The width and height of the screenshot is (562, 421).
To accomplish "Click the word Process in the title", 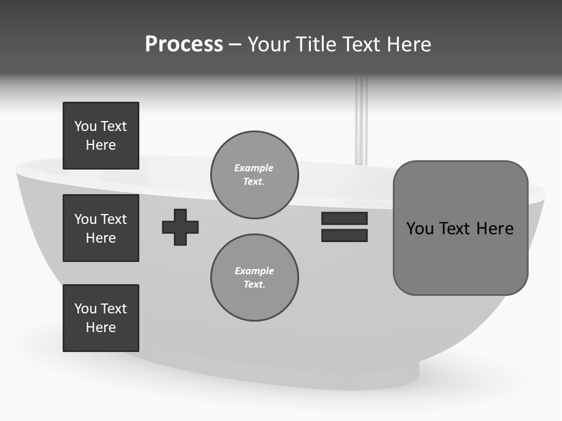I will point(184,44).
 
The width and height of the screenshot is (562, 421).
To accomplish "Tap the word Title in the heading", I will point(314,44).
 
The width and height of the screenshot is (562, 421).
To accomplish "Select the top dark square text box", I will point(101,136).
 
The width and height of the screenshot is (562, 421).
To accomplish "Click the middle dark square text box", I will point(101,228).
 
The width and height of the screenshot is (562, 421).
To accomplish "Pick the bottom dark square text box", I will point(101,318).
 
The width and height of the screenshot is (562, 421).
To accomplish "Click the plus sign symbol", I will point(180,227).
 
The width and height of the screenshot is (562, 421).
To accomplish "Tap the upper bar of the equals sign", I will point(344,219).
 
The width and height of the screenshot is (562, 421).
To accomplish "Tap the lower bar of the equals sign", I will point(344,236).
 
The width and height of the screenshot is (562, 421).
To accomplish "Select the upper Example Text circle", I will point(254,175).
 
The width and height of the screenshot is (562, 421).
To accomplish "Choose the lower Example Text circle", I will point(254,278).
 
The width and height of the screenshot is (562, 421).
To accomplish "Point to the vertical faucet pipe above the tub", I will point(362,123).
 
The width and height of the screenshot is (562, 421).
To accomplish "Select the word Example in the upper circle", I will point(254,168).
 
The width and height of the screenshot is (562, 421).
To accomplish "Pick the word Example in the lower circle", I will point(254,271).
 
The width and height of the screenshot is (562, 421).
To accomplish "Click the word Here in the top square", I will point(101,145).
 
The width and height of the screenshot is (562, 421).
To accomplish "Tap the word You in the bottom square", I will point(85,309).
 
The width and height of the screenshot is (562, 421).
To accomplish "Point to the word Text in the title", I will point(362,44).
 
